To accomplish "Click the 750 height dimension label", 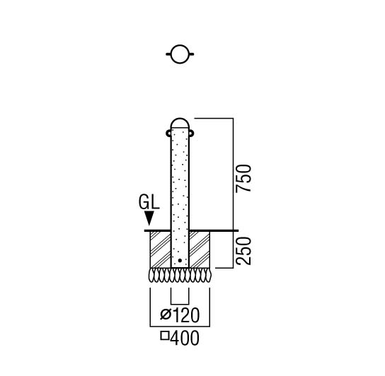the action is point(243,178).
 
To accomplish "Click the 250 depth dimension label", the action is point(243,251).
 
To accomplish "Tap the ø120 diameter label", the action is point(180,315).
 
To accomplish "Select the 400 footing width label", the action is point(180,339).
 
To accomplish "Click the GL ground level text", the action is point(149,202).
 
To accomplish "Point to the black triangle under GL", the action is point(149,218).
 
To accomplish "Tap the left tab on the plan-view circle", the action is point(168,54).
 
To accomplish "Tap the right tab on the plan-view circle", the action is point(192,54).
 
